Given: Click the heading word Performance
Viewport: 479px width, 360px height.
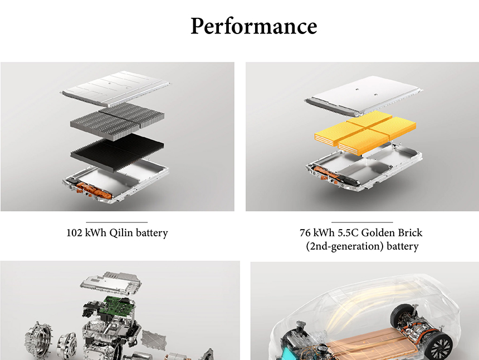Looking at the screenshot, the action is coord(253,26).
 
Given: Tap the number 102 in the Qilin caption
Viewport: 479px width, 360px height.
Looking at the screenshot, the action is coord(74,233).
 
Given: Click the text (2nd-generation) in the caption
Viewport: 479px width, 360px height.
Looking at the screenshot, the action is coord(345,246).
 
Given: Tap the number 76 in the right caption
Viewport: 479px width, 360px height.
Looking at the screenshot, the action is coord(305,233).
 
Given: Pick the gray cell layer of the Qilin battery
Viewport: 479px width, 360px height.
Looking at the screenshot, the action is coord(117,121).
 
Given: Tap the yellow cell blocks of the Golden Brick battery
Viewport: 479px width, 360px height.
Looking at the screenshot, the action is coord(365,132).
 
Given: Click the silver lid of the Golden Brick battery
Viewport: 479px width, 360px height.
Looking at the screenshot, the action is coord(364,95).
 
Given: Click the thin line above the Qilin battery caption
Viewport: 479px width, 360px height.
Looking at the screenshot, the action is coord(117,222).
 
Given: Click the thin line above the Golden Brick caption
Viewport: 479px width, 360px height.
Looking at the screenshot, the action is coord(362,222).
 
